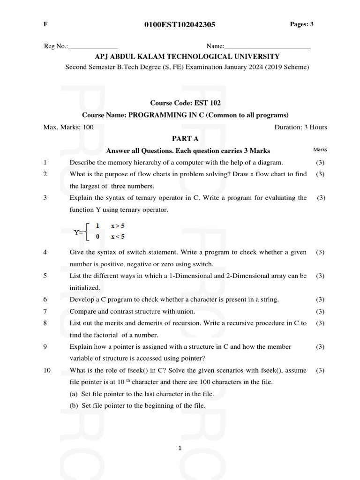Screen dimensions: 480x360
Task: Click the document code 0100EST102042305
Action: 180,25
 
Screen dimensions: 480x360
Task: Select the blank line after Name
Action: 267,47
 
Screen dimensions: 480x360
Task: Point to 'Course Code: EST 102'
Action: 185,103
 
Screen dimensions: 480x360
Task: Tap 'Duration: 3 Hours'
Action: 300,127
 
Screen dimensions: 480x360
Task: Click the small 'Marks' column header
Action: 320,150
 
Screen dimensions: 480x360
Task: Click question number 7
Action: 45,311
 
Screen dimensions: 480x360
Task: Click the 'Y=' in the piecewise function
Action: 79,232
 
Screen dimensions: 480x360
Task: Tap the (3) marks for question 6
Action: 320,300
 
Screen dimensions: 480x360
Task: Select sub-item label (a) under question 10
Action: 74,394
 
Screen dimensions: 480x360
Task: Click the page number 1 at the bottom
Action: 180,449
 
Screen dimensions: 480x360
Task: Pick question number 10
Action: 47,370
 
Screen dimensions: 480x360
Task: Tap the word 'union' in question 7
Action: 185,311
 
